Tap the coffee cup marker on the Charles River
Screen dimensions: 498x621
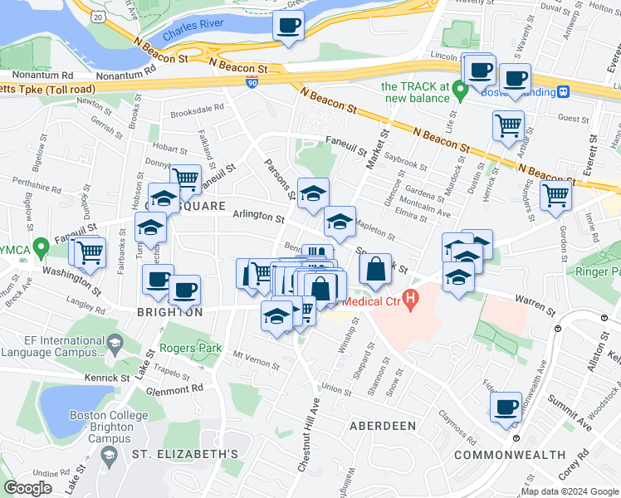click(x=289, y=26)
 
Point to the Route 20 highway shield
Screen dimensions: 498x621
click(x=99, y=16)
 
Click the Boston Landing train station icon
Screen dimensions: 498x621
click(x=563, y=92)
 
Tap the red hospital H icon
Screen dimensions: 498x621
click(x=408, y=297)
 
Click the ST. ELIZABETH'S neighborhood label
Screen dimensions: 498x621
click(x=185, y=454)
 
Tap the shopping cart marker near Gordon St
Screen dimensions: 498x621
click(x=555, y=196)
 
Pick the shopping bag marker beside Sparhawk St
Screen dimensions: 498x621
click(x=375, y=268)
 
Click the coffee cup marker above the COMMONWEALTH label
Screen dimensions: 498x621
click(x=506, y=407)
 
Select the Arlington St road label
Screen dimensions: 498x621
click(x=258, y=215)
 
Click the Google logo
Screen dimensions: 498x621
click(x=27, y=488)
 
